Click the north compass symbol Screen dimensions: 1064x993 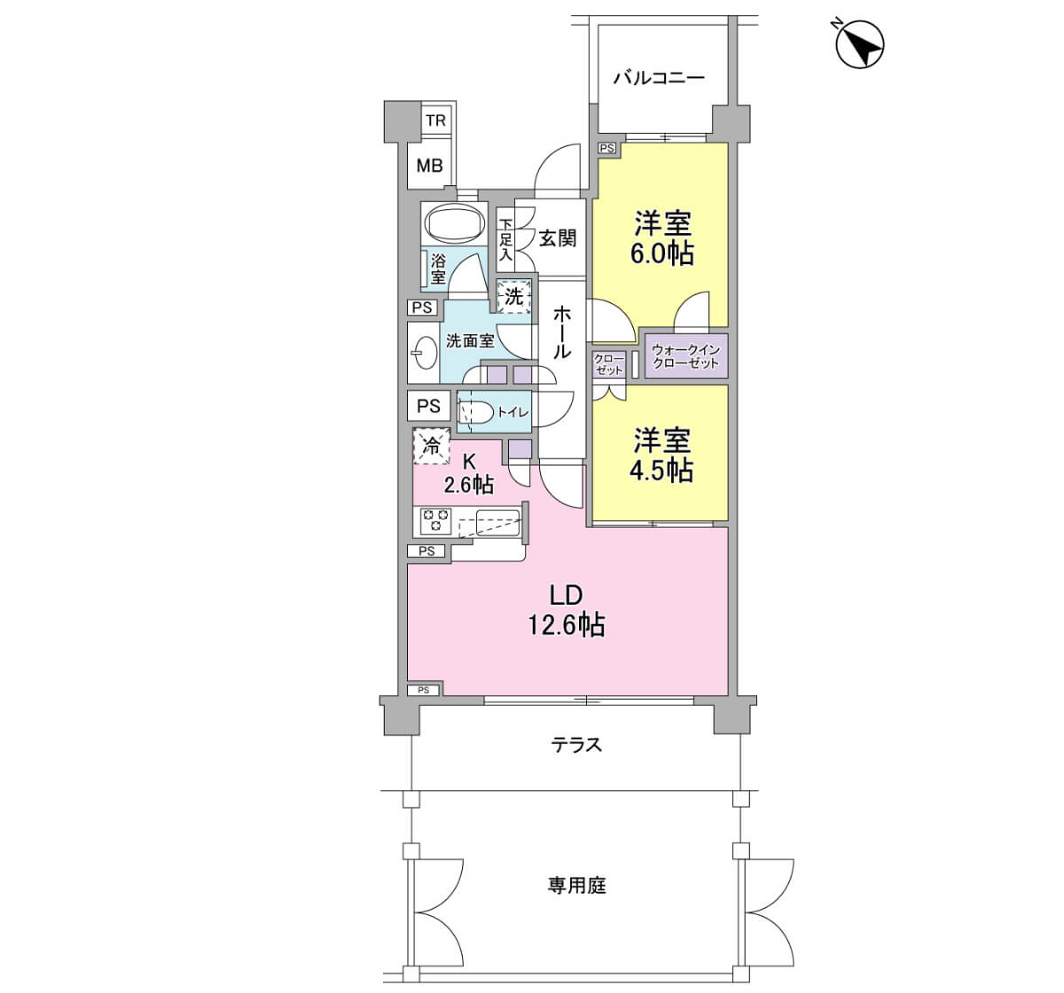coord(859,43)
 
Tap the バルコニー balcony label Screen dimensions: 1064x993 coord(659,79)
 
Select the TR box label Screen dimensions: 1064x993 coord(435,121)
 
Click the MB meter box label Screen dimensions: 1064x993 coord(430,166)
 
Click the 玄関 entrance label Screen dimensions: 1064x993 coord(557,238)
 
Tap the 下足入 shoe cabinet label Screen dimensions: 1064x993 coord(505,239)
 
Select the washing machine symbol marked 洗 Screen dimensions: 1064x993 coord(513,296)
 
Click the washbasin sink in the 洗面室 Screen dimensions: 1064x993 coord(426,353)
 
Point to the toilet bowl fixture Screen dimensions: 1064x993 coord(475,412)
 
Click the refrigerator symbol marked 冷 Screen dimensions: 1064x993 coord(431,446)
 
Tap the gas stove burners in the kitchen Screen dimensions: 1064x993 coord(435,521)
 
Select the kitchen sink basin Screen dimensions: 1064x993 coord(497,523)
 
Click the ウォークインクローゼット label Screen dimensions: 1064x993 coord(685,356)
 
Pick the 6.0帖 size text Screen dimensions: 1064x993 coord(661,254)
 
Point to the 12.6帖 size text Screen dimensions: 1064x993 coord(567,625)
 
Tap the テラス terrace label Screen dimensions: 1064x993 coord(576,745)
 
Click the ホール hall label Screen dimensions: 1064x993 coord(561,332)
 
